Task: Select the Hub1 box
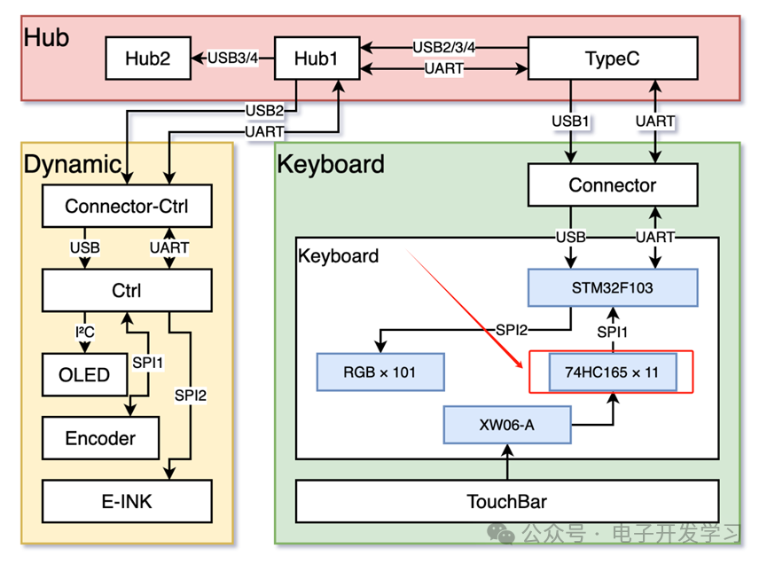(x=317, y=59)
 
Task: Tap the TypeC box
(x=612, y=59)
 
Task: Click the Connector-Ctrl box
(x=127, y=207)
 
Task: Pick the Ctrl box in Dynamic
(x=127, y=290)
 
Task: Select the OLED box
(x=84, y=374)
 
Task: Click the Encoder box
(x=101, y=438)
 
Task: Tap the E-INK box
(x=127, y=501)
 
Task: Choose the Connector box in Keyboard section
(x=612, y=185)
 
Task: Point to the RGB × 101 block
(x=380, y=372)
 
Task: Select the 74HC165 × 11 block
(x=611, y=372)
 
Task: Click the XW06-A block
(x=506, y=425)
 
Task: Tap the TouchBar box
(x=506, y=501)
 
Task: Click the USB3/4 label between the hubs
(x=233, y=59)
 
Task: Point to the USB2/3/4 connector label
(x=444, y=47)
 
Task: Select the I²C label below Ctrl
(x=85, y=332)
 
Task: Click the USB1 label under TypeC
(x=570, y=121)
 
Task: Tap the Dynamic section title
(x=72, y=164)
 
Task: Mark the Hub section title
(x=46, y=37)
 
